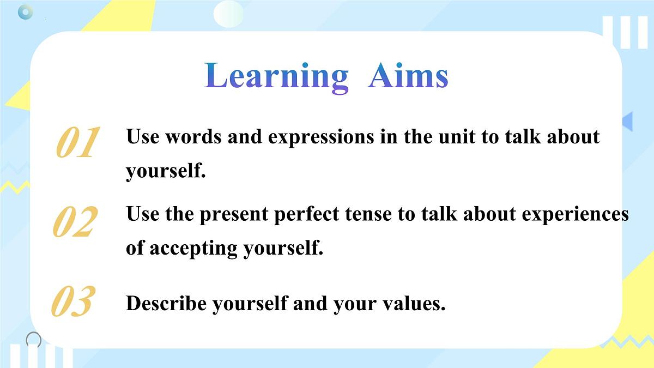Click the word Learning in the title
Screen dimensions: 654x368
pos(276,77)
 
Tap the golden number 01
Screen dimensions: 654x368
pos(78,142)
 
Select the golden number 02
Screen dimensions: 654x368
pos(75,221)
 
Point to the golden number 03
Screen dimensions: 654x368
pos(74,301)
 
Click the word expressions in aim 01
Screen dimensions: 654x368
pos(321,137)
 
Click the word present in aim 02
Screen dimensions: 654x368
pos(234,215)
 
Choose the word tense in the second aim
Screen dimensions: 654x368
pos(368,215)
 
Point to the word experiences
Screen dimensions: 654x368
pos(575,215)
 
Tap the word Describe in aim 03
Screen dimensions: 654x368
pos(166,303)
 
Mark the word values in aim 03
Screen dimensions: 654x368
pos(414,304)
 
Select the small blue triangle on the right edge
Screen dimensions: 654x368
pos(628,121)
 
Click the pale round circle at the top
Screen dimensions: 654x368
pos(228,14)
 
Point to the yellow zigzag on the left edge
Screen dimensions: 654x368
pos(15,187)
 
